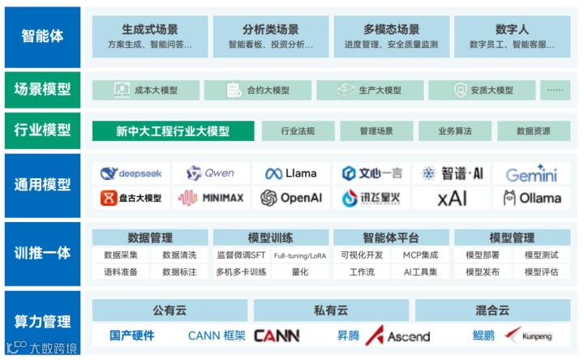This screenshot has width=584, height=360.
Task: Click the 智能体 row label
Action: [42, 36]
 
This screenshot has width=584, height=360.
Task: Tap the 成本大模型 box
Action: [146, 90]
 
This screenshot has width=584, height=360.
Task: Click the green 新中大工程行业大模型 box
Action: [173, 131]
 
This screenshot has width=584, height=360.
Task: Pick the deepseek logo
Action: [131, 174]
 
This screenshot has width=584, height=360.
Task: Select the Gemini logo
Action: [531, 174]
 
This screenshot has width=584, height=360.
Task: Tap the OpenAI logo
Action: [291, 198]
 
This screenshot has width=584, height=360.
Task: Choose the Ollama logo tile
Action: [531, 198]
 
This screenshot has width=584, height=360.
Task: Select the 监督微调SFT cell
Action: [241, 255]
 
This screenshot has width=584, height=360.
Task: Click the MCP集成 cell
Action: [420, 255]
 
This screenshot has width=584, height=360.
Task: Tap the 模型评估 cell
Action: [540, 272]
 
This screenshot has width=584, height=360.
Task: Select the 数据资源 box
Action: [533, 131]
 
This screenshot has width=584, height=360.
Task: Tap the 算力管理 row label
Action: [42, 322]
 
